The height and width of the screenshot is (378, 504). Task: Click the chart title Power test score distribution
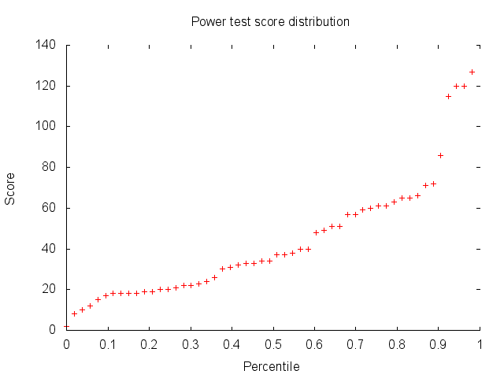[270, 21]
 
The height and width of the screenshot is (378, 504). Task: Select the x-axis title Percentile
[271, 366]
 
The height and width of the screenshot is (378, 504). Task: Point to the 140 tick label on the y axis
[46, 45]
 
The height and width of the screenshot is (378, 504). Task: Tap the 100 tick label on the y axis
[46, 126]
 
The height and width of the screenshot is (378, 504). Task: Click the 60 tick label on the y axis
[49, 208]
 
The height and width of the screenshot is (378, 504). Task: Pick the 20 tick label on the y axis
[49, 289]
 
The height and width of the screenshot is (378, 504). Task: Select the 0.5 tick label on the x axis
[272, 344]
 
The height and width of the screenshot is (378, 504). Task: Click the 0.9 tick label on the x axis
[438, 344]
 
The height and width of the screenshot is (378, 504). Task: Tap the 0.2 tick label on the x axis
[149, 344]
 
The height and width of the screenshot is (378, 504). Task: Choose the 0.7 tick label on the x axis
[355, 344]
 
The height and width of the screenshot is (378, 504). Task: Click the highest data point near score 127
[472, 72]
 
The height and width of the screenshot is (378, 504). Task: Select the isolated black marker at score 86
[440, 155]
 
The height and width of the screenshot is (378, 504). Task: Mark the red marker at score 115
[448, 96]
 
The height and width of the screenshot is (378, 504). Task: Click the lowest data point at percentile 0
[67, 326]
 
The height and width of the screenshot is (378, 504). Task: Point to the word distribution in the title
[317, 21]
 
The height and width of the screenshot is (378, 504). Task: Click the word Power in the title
[207, 21]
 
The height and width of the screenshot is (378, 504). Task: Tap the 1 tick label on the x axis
[479, 344]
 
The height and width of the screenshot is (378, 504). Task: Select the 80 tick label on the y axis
[49, 167]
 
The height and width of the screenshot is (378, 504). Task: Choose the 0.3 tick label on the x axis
[190, 344]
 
